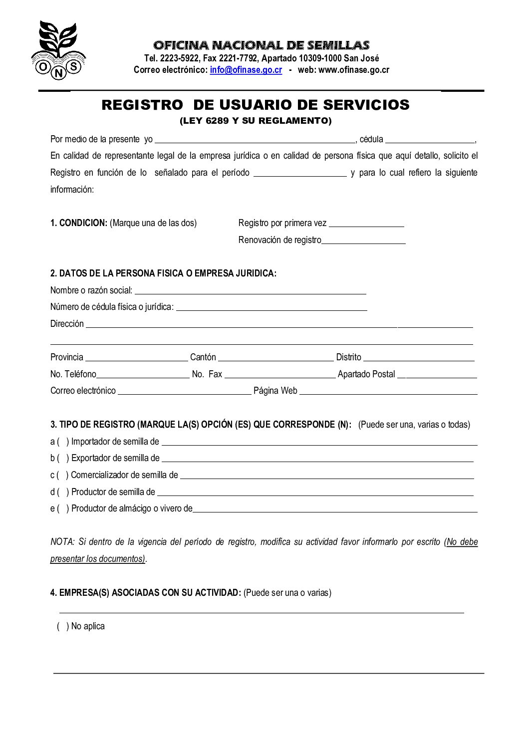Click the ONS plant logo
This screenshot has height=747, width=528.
pos(58,50)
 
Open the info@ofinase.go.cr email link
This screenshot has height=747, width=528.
pos(246,70)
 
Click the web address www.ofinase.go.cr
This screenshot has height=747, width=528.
pos(353,70)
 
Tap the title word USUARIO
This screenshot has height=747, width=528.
pos(256,105)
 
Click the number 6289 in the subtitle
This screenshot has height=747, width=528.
pos(217,121)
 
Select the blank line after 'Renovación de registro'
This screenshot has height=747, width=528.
pos(363,241)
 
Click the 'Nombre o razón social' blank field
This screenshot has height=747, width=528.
pos(250,291)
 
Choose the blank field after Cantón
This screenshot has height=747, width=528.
pos(275,358)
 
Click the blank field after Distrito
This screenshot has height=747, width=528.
pos(418,358)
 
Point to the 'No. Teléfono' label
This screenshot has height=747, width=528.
pos(73,374)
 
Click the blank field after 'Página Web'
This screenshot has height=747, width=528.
pos(388,392)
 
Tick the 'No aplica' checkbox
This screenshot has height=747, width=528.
pos(62,626)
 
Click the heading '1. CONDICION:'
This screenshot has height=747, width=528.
pos(79,223)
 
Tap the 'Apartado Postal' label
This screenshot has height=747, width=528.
pos(366,374)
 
